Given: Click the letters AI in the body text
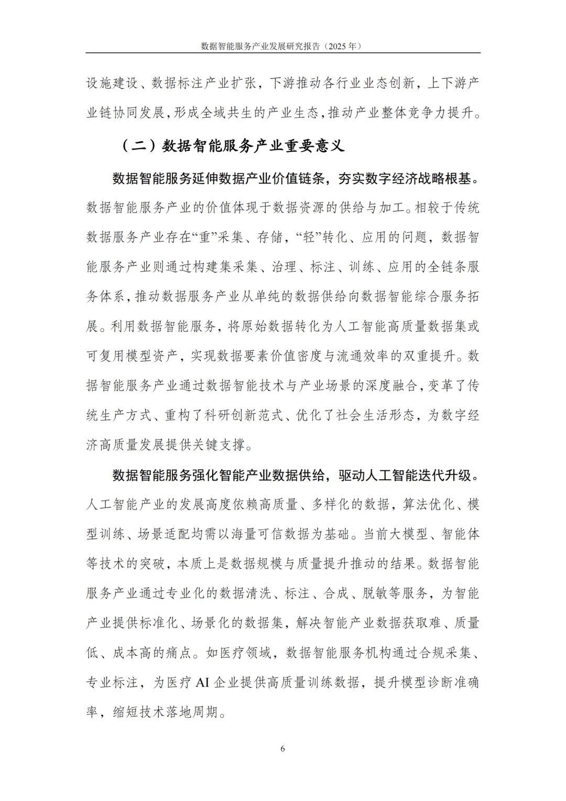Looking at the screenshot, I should tap(202, 683).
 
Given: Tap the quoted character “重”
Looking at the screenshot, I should tap(201, 237).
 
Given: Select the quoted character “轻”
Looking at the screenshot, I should tap(304, 237).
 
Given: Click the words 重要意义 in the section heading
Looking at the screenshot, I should tap(314, 145).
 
